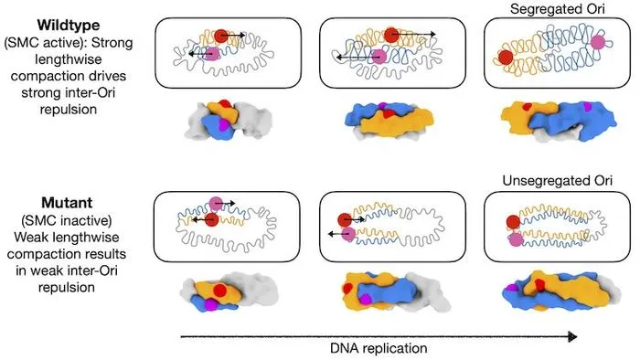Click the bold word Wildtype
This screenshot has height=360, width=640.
tap(69, 26)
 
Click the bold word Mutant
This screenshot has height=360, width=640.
tap(67, 203)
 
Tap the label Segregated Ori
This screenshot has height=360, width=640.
tap(558, 9)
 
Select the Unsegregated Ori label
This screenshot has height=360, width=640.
tap(558, 181)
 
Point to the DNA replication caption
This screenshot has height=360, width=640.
tap(379, 348)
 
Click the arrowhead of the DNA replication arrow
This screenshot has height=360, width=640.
tap(573, 337)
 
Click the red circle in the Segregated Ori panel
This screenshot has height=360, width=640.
tap(506, 57)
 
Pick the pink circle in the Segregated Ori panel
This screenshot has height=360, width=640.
tap(598, 42)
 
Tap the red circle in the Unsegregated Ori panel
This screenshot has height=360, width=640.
tap(513, 222)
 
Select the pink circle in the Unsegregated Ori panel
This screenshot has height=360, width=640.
tap(516, 238)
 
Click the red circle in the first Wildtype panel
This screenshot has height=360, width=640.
tap(221, 36)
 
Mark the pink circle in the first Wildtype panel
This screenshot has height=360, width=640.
tap(211, 54)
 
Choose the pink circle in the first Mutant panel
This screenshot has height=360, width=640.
tap(216, 203)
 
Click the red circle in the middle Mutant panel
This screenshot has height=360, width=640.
tap(345, 220)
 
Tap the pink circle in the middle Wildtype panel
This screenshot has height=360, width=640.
tap(379, 57)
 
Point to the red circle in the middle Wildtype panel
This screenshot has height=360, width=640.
tap(391, 35)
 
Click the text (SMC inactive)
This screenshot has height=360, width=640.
tap(67, 220)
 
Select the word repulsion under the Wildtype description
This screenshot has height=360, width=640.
tap(69, 110)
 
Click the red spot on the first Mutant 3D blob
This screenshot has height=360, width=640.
tap(220, 291)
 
